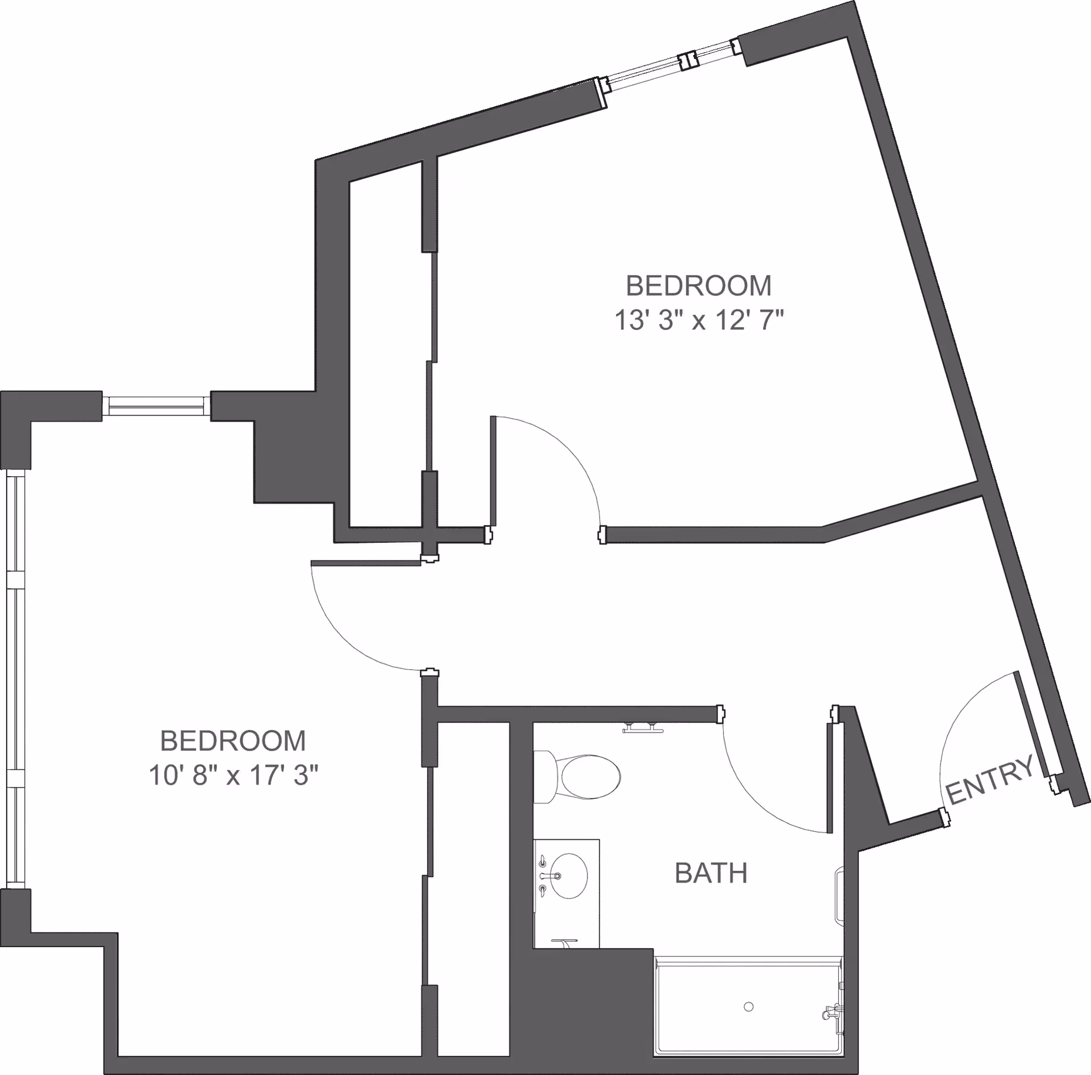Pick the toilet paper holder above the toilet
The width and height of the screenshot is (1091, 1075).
tap(643, 728)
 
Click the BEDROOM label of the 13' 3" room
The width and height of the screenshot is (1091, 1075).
tap(698, 286)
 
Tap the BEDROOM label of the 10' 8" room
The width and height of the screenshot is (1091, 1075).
tap(233, 741)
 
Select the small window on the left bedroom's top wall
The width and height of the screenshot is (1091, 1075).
tap(157, 405)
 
